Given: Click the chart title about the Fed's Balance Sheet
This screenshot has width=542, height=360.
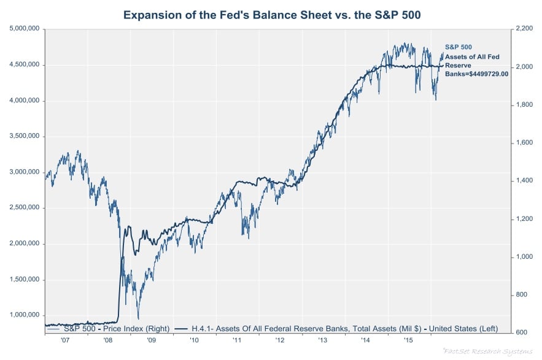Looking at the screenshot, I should (271, 14).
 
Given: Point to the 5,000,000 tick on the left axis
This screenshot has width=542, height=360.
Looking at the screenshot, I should (23, 28).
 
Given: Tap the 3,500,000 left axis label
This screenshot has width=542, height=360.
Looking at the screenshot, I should (23, 136).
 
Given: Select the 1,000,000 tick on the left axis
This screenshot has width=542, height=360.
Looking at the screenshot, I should (23, 315).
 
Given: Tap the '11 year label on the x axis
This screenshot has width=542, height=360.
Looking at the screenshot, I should (236, 339).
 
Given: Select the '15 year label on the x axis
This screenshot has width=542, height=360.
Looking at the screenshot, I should (406, 339).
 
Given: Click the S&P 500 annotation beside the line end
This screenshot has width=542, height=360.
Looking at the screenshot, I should (458, 47).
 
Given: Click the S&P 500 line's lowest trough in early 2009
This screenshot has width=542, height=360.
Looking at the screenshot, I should (138, 318).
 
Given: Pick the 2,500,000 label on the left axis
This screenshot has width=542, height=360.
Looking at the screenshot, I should (23, 207).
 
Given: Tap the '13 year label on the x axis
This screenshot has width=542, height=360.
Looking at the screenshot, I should (322, 339).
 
